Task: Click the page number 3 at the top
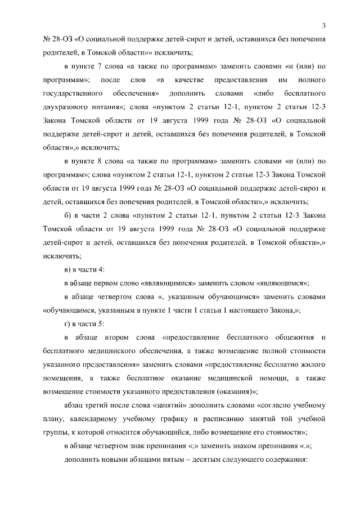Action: (x=325, y=25)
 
